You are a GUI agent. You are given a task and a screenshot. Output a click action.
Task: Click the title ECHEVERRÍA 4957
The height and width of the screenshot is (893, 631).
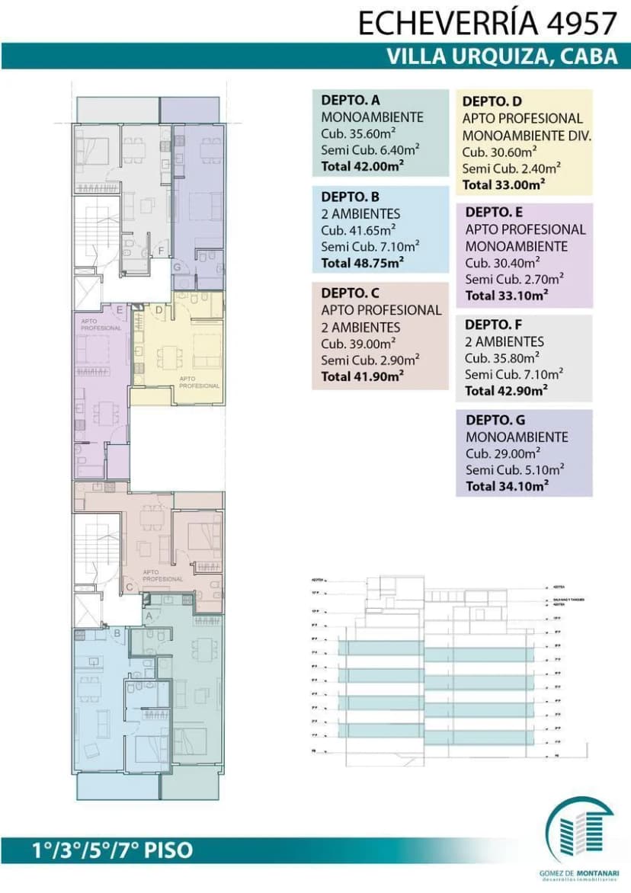(x=487, y=23)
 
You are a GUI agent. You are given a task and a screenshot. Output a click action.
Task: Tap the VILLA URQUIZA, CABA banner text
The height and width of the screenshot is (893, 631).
(x=502, y=57)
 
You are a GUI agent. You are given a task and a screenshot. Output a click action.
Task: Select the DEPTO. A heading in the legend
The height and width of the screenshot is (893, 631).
(x=351, y=100)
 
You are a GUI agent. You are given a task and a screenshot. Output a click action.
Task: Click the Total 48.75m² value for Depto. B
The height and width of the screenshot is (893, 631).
(x=362, y=262)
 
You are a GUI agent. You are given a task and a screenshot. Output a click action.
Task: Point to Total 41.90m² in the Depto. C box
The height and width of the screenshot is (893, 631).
(x=362, y=376)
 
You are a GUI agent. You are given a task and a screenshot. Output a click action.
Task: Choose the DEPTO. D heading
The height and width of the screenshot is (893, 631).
(x=492, y=101)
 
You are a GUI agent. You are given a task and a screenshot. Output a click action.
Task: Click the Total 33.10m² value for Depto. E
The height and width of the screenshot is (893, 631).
(x=507, y=296)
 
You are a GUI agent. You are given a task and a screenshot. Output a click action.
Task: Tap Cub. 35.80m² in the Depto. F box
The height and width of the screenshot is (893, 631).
(x=502, y=357)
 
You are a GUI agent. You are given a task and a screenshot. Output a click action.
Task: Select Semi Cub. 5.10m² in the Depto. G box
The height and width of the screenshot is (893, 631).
(x=514, y=469)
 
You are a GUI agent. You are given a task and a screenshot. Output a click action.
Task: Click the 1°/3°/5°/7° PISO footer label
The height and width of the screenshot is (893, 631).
(x=112, y=850)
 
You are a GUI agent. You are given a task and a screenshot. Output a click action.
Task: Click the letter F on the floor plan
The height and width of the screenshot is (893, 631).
(x=161, y=250)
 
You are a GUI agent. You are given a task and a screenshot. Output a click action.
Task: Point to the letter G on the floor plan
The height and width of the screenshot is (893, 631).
(x=177, y=267)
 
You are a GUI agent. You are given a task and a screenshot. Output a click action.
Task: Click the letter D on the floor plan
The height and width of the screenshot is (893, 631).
(x=159, y=309)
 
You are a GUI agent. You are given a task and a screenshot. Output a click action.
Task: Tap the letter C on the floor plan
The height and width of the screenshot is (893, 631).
(x=129, y=587)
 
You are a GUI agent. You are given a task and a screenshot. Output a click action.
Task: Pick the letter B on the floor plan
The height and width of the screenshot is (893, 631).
(x=117, y=632)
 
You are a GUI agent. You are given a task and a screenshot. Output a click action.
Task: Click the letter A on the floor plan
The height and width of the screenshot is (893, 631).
(x=149, y=614)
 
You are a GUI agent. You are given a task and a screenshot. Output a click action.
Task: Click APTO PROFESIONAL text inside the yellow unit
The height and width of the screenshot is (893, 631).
(x=200, y=382)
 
